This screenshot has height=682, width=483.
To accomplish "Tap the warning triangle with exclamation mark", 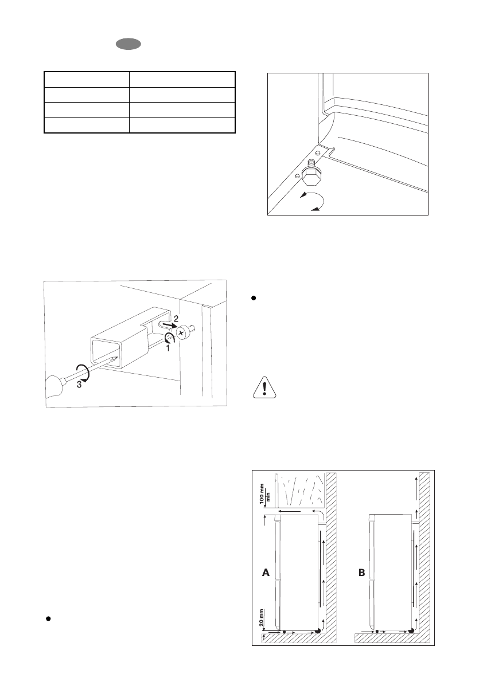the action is tap(264, 388).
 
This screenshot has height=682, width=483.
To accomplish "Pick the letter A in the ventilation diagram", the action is tap(265, 572).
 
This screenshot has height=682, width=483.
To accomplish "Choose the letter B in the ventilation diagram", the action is tap(362, 572).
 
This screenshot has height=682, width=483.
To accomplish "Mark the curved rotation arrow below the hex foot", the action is tap(313, 202).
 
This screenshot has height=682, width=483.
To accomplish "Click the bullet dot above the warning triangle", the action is tap(253, 299).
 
